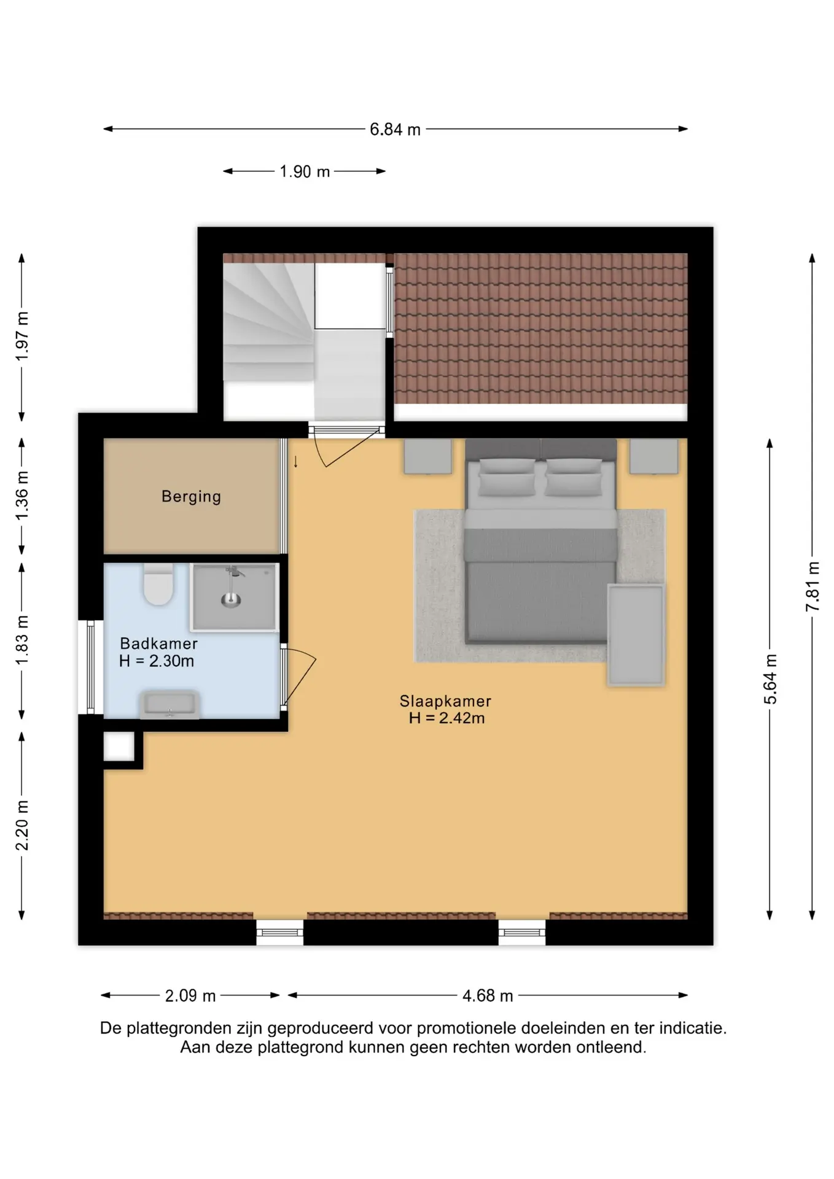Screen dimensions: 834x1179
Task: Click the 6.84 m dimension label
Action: click(x=395, y=130)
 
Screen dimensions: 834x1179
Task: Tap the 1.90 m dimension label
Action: click(x=305, y=171)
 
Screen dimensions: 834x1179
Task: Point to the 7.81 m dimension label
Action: click(x=812, y=586)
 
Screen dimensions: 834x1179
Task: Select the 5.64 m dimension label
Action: click(x=770, y=679)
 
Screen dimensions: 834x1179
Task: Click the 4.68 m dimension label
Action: click(x=488, y=995)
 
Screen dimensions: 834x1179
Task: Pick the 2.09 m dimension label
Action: click(x=190, y=995)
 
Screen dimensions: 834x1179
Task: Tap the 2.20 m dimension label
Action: click(x=21, y=825)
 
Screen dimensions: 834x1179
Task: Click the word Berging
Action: click(x=191, y=497)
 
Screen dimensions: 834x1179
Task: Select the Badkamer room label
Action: click(x=158, y=644)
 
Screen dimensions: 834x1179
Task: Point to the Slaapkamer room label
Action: click(x=445, y=701)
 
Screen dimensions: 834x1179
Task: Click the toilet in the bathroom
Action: click(x=158, y=584)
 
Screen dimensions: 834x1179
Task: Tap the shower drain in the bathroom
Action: click(x=231, y=601)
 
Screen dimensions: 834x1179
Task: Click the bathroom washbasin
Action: click(x=170, y=704)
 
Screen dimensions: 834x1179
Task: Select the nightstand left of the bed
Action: click(x=427, y=456)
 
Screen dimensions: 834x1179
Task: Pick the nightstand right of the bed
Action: click(x=654, y=456)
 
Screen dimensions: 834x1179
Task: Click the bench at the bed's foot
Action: click(x=636, y=634)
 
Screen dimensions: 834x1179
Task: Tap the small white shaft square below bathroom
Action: click(x=119, y=747)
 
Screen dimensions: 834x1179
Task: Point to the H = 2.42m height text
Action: click(x=446, y=718)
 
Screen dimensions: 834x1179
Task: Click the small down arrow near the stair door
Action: click(x=295, y=462)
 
